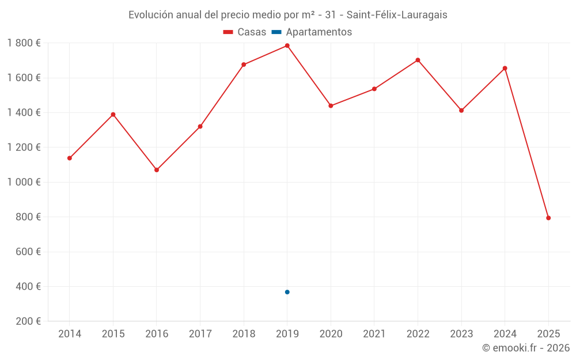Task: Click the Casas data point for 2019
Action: [x=287, y=46]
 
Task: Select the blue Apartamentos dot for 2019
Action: [x=287, y=292]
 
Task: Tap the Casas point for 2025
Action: [x=548, y=218]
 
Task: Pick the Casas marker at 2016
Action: [x=157, y=170]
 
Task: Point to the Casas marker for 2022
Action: [x=418, y=60]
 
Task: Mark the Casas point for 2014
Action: [x=70, y=158]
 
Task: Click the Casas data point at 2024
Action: [x=505, y=68]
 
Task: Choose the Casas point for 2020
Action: [x=331, y=105]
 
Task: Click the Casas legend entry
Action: [x=245, y=32]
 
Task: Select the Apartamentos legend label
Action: [x=319, y=32]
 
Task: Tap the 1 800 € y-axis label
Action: [x=24, y=43]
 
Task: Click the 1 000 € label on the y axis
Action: [x=24, y=182]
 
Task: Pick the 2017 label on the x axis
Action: [x=200, y=334]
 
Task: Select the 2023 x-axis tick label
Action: [x=461, y=334]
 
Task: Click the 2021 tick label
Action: [x=374, y=334]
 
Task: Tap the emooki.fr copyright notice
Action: [x=525, y=348]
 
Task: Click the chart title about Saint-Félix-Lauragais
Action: [x=287, y=15]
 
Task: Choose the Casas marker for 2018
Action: [x=244, y=65]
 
